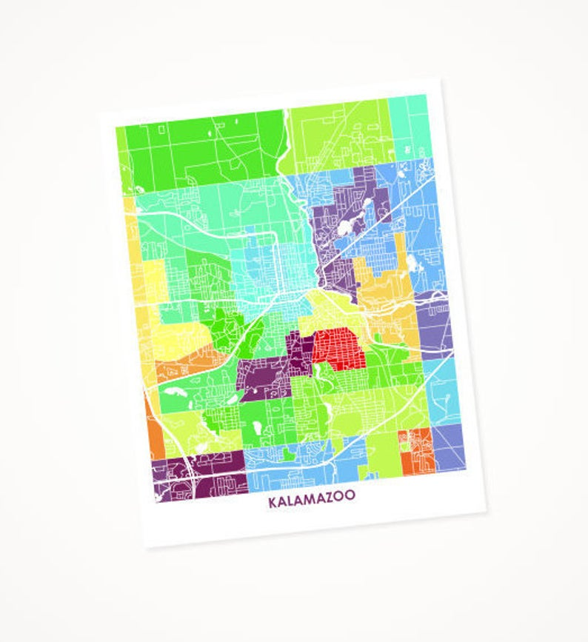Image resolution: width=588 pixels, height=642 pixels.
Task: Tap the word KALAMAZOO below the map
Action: (312, 502)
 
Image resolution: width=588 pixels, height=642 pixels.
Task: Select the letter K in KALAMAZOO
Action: (273, 503)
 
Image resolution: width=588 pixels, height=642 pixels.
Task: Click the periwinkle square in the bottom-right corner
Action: (449, 444)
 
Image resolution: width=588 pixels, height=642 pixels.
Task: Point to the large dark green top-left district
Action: (200, 144)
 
